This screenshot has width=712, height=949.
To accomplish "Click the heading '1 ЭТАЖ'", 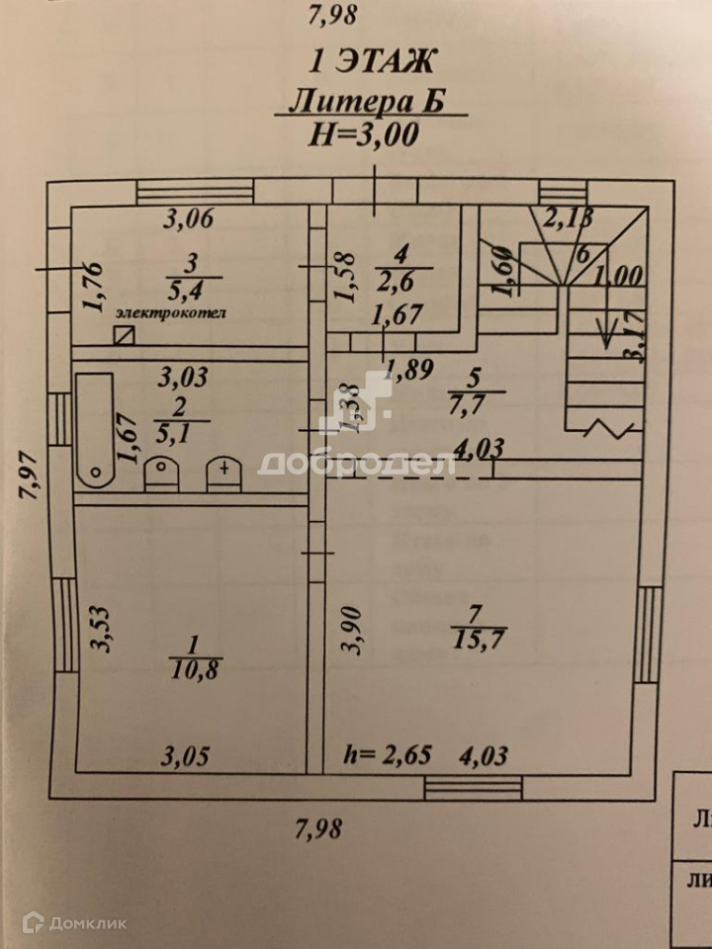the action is pyautogui.click(x=372, y=62).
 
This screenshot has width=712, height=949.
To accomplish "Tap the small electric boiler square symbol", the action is pyautogui.click(x=123, y=334).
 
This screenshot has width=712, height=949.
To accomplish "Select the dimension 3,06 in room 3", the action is pyautogui.click(x=188, y=219).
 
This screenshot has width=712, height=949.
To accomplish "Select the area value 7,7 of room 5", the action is pyautogui.click(x=480, y=403).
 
